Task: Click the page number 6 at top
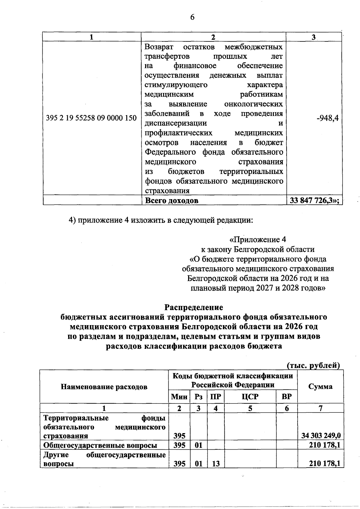(192, 17)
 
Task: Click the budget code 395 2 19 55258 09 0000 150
(91, 118)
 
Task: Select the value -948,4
(328, 118)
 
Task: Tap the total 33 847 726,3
(314, 201)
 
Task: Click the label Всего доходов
(172, 201)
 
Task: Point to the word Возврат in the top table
(159, 47)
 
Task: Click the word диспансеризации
(176, 123)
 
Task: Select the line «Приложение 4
(258, 240)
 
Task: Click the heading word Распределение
(194, 307)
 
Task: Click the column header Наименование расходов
(104, 387)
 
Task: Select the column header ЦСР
(250, 397)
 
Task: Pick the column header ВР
(287, 397)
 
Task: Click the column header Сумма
(320, 386)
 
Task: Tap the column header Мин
(179, 397)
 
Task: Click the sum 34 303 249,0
(321, 436)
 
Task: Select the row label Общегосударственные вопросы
(100, 445)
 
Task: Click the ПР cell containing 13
(216, 464)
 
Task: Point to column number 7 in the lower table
(320, 408)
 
